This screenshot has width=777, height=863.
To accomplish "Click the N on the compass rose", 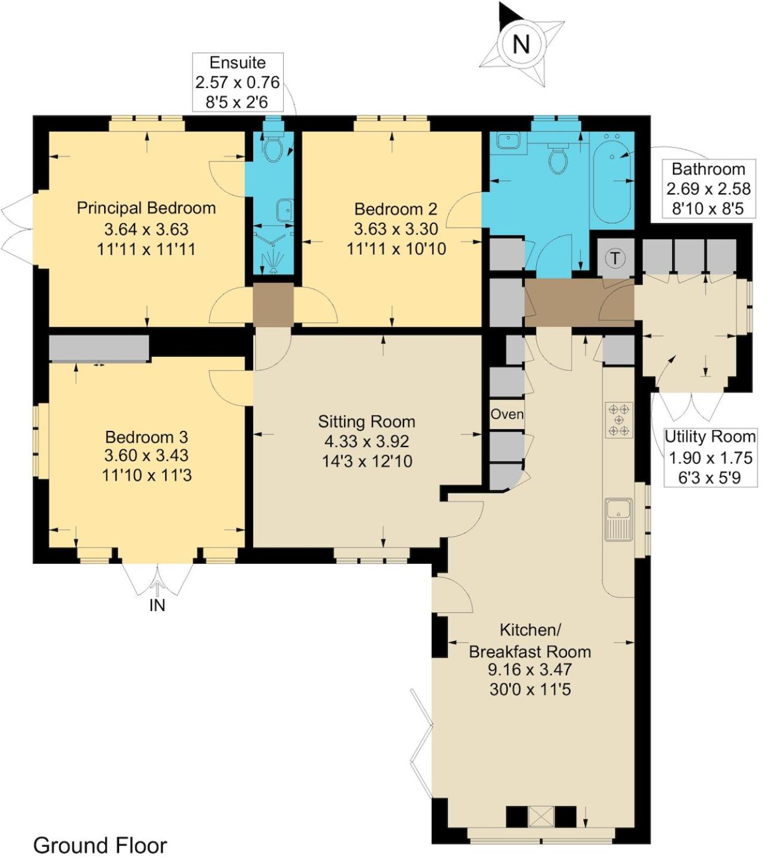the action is click(521, 44).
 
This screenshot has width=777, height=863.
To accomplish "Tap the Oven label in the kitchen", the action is click(507, 414).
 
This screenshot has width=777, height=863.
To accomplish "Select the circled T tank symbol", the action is click(615, 259).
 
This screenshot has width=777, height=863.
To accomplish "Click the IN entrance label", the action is click(157, 605).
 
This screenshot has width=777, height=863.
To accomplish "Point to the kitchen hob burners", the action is click(619, 420).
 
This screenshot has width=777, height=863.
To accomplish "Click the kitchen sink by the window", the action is click(618, 519).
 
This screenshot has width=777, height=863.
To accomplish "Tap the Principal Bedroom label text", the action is click(146, 208).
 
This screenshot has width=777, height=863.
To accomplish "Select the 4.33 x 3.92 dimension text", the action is click(367, 442).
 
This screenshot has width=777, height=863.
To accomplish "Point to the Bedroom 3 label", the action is click(147, 437).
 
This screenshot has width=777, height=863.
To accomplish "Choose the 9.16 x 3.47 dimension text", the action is click(530, 670).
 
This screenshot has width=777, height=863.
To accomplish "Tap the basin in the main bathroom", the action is click(509, 140).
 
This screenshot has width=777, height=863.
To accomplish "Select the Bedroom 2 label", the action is click(396, 209).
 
